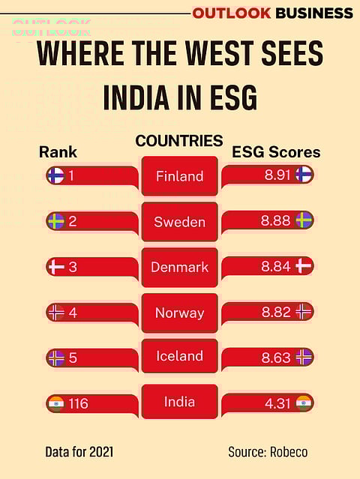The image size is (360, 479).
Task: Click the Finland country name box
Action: (179, 176)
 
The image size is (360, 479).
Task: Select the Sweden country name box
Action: (179, 222)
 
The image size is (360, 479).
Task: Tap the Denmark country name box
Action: (179, 268)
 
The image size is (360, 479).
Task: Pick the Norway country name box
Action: (179, 313)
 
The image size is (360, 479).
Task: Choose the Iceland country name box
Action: (179, 357)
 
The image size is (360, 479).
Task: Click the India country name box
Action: (179, 402)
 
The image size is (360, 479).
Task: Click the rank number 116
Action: (77, 404)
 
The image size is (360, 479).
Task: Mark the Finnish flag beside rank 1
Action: (55, 176)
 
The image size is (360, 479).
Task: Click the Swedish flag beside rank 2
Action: (55, 221)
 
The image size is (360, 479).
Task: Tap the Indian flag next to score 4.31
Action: (304, 403)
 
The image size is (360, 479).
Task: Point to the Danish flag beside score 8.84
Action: (304, 266)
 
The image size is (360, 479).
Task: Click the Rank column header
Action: (58, 152)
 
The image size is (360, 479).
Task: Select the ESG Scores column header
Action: (276, 152)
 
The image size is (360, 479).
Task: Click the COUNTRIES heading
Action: (179, 141)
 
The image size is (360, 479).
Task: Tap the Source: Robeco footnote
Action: (268, 452)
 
